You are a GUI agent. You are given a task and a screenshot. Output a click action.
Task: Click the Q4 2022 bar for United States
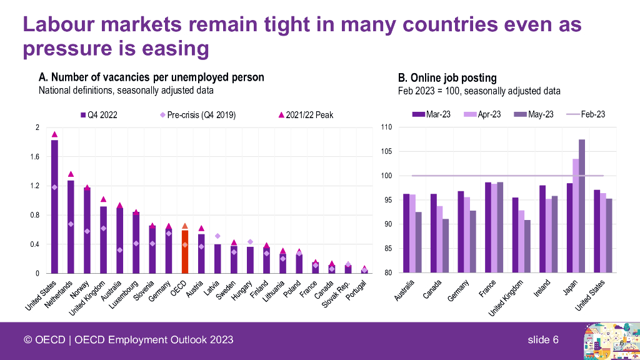point(54,206)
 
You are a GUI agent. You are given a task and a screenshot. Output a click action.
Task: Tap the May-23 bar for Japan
point(582,206)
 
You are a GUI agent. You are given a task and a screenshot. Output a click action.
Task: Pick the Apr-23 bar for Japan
point(575,216)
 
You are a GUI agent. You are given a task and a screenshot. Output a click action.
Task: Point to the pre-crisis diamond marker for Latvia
point(217,236)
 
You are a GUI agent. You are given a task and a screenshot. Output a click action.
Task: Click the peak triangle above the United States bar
point(54,134)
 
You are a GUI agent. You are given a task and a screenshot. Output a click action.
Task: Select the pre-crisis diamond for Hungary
point(250,242)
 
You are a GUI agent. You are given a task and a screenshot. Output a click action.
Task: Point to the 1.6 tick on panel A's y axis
point(34,157)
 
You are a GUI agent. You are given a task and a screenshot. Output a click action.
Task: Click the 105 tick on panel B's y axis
point(386,151)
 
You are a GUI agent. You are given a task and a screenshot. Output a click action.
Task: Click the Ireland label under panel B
point(542,288)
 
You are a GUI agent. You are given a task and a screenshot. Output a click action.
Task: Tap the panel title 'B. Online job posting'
point(447,78)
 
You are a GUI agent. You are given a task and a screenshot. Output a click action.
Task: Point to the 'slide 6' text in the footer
point(542,339)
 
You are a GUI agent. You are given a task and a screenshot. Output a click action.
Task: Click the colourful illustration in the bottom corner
point(609,341)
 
